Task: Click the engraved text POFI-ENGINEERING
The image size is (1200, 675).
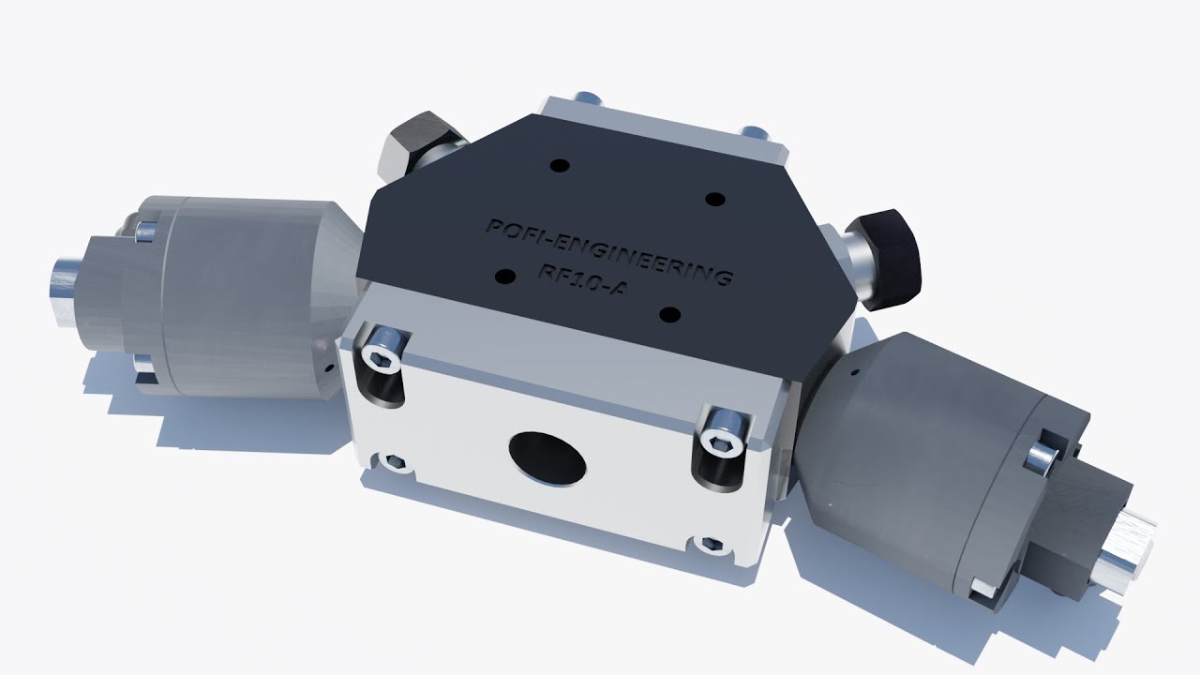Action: [609, 252]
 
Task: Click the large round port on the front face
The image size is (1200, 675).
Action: [547, 458]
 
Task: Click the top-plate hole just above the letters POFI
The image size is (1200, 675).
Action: [560, 166]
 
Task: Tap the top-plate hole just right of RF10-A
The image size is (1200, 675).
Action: [669, 314]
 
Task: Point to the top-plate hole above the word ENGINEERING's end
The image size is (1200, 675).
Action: [714, 200]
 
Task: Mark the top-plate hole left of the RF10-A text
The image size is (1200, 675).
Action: [505, 277]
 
